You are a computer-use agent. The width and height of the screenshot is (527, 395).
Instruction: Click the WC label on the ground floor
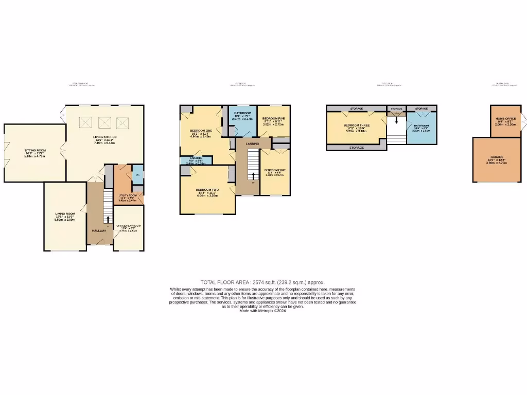tap(137, 175)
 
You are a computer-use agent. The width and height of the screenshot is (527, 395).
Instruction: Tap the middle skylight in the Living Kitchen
tap(104, 122)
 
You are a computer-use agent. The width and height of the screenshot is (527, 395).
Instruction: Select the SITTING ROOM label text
tap(35, 150)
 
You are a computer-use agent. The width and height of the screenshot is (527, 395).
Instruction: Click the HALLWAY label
tap(99, 231)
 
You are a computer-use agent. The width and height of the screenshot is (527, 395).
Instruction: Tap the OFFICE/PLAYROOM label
tap(129, 226)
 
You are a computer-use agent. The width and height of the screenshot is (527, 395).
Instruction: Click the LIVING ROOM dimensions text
tap(65, 220)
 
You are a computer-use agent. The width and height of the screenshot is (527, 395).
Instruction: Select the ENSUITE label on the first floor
tap(195, 158)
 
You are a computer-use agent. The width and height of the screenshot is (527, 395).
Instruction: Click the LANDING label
tap(252, 144)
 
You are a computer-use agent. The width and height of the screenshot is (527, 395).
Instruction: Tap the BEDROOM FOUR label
tap(275, 170)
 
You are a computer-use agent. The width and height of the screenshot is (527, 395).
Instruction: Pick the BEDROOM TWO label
tap(207, 190)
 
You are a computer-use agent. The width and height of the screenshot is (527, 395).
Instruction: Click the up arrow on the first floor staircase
tap(253, 176)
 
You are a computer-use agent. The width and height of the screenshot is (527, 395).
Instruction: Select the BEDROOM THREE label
tap(356, 125)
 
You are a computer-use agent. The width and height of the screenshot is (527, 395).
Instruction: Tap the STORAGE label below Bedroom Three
tap(357, 148)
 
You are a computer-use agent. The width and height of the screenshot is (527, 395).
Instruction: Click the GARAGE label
tap(497, 157)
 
